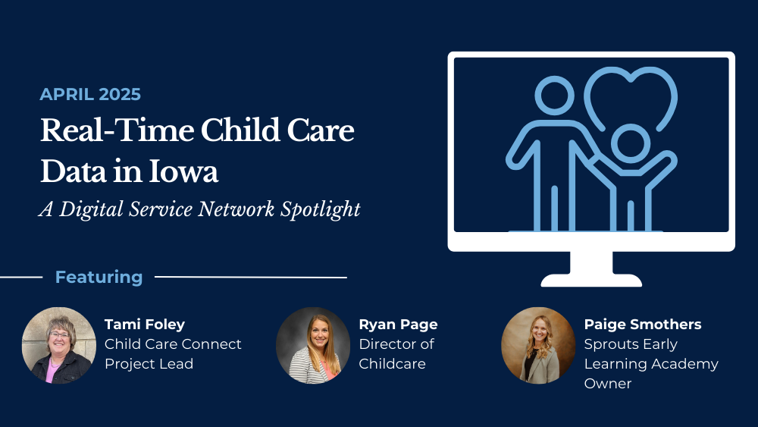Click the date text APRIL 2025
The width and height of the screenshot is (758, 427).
[x=90, y=94]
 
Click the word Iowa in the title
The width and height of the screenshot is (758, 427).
[x=183, y=171]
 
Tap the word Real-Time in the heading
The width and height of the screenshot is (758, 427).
[x=117, y=130]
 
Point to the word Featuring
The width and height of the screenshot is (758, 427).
[x=99, y=277]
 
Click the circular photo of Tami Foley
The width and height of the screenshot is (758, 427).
[x=59, y=345]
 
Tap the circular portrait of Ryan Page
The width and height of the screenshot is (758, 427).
[x=313, y=345]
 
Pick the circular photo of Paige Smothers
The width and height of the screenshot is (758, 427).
[x=538, y=345]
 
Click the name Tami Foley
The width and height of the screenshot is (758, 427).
[x=145, y=325]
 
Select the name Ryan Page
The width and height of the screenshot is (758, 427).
[x=399, y=325]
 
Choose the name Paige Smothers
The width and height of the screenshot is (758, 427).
[x=643, y=325]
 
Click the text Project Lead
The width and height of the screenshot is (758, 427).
[x=149, y=364]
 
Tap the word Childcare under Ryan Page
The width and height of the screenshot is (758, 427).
[x=392, y=363]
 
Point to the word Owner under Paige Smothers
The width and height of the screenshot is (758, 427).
[x=608, y=384]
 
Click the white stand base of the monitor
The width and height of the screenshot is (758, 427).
[x=591, y=280]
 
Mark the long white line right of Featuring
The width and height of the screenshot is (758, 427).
[x=251, y=277]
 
